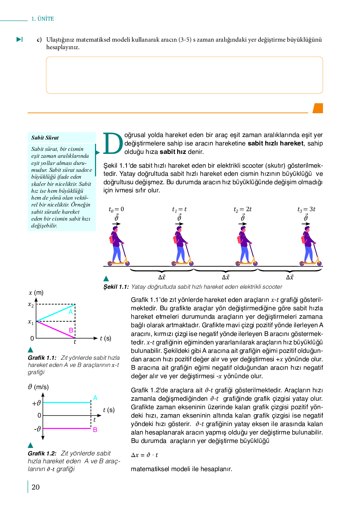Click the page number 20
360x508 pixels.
tap(36, 487)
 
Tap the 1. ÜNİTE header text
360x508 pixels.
tap(42, 19)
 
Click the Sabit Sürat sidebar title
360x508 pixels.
tap(45, 138)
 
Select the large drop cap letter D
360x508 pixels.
tap(113, 144)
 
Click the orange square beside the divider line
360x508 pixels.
tap(318, 108)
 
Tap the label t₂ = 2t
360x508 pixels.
tap(242, 209)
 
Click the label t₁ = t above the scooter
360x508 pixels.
tap(179, 209)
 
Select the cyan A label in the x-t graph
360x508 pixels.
tap(71, 312)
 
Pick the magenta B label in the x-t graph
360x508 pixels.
tap(71, 330)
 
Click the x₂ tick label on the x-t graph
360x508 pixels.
tap(31, 304)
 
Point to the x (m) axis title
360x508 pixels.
tap(36, 293)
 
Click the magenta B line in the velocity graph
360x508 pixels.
tap(67, 428)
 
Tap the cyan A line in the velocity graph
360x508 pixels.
tap(67, 402)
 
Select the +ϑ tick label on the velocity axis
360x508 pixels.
tap(36, 403)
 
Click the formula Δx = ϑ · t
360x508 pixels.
tap(144, 455)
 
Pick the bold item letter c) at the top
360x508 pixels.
tap(39, 40)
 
